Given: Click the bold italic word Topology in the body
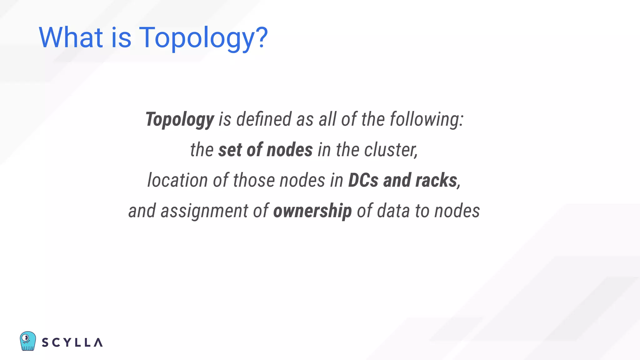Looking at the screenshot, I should (x=180, y=119).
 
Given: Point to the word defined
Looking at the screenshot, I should (x=264, y=119).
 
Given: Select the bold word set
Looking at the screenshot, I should (x=230, y=150).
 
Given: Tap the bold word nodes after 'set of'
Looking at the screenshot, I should (x=290, y=150).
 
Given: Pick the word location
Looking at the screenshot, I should (x=177, y=180).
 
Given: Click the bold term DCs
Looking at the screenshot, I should (x=363, y=180).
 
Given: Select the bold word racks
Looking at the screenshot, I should (x=437, y=180).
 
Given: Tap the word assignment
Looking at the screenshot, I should (x=204, y=211).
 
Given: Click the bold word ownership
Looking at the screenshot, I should (x=312, y=211).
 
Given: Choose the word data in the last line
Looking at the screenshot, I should (x=393, y=211).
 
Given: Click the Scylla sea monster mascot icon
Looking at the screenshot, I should (x=27, y=341).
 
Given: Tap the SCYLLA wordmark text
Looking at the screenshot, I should (x=72, y=342).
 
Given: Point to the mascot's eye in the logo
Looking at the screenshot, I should (x=26, y=338).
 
